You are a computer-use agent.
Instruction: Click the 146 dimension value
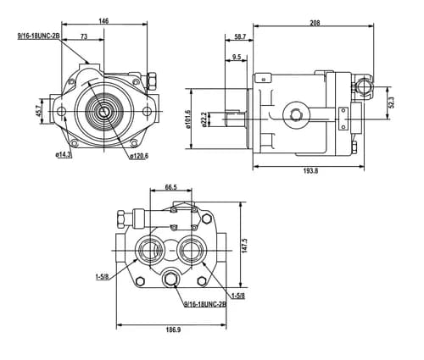coord(103,21)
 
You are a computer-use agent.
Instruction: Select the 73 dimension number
coord(84,36)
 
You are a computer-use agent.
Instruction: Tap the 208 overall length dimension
coord(315,23)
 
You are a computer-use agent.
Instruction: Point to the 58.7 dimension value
coord(240,36)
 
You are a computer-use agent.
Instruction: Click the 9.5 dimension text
coord(237,57)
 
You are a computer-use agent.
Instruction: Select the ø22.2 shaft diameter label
coord(205,119)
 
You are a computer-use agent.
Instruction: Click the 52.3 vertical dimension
coord(391,102)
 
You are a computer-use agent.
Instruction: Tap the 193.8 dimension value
coord(310,170)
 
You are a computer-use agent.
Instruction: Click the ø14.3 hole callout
coord(64,155)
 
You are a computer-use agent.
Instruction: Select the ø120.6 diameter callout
coord(139,156)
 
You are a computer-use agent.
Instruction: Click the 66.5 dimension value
coord(170,187)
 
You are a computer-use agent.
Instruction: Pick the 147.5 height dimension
coord(244,246)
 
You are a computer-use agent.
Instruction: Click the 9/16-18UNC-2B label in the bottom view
coord(205,304)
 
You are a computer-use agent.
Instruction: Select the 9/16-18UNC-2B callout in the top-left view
coord(39,36)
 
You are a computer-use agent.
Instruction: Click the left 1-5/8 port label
coord(102,276)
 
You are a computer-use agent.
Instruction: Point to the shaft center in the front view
coord(104,112)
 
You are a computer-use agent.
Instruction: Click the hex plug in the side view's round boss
coord(297,114)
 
